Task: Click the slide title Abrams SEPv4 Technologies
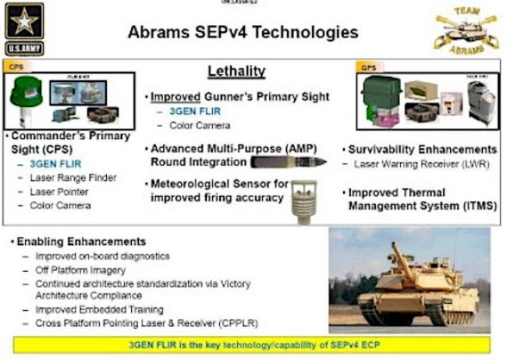(x=243, y=33)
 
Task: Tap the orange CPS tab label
(x=15, y=66)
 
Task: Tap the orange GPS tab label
(x=367, y=67)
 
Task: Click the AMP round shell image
(x=282, y=161)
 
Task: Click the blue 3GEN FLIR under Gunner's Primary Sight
(x=185, y=111)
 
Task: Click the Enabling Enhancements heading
(x=80, y=241)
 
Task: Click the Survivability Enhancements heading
(x=421, y=149)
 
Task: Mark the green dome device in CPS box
(x=26, y=94)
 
